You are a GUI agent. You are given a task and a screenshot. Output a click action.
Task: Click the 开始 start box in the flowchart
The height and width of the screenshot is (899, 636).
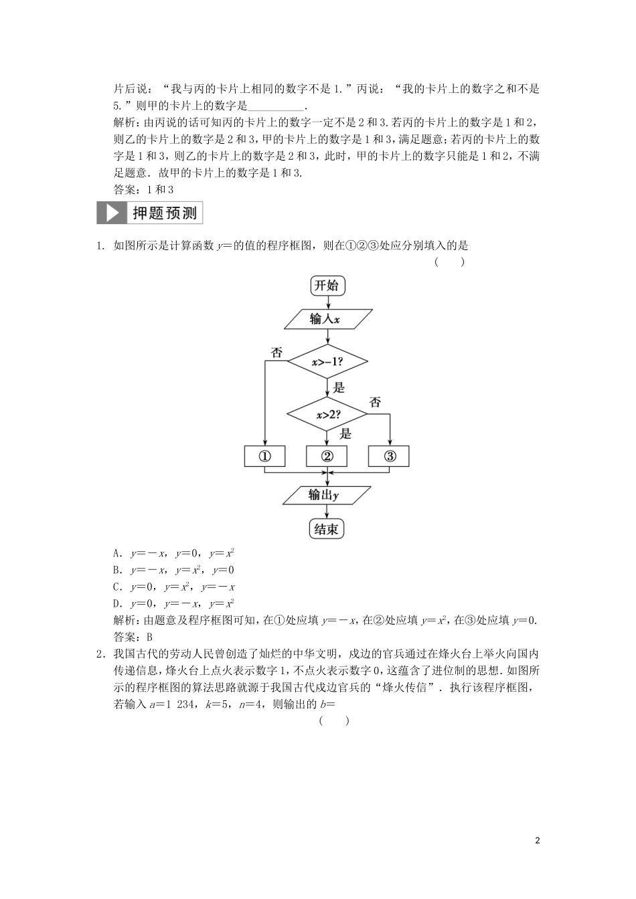[327, 286]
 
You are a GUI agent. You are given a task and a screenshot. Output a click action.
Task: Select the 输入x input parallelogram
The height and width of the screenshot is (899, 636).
[327, 320]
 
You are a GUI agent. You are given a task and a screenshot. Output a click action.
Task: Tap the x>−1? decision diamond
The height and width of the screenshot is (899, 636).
[327, 362]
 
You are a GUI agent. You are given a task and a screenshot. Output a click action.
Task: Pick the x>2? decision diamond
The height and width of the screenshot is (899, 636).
[327, 415]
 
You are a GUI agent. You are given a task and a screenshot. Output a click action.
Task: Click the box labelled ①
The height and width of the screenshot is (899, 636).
[264, 457]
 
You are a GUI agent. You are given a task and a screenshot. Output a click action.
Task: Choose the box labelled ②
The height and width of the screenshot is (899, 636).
[327, 457]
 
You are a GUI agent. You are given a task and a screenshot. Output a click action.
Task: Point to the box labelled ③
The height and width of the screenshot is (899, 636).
[389, 457]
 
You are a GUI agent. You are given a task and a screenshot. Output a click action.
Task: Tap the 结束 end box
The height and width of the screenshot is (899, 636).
[327, 529]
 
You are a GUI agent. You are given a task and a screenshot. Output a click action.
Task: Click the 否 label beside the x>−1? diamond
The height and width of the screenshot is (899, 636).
[276, 353]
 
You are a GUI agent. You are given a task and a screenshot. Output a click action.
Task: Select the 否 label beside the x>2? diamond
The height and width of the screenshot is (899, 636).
[375, 402]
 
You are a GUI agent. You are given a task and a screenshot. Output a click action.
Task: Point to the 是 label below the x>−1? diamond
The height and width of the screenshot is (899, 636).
[339, 387]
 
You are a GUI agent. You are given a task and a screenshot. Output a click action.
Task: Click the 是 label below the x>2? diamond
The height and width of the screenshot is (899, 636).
[345, 433]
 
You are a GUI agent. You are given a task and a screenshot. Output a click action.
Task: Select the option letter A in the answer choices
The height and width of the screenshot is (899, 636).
[117, 554]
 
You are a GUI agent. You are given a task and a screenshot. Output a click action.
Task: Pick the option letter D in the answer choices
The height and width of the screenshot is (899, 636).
[117, 603]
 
